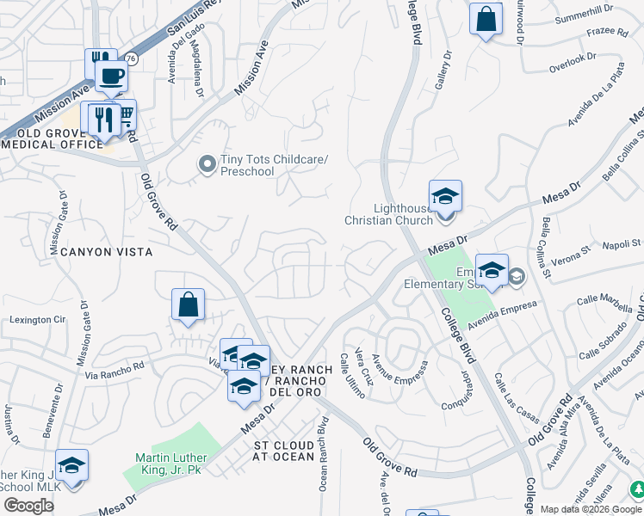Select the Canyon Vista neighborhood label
pos(106,252)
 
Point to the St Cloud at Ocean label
pos(284,450)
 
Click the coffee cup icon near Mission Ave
pos(111,76)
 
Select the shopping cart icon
pos(125,114)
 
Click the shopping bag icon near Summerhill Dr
pos(486,18)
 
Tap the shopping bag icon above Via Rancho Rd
pos(188,304)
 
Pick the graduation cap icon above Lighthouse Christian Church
pos(445,195)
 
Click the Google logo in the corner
pos(28,506)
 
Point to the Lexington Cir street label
pos(37,320)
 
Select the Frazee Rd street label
pos(610,32)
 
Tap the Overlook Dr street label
pos(576,58)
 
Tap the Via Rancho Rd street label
pos(114,369)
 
